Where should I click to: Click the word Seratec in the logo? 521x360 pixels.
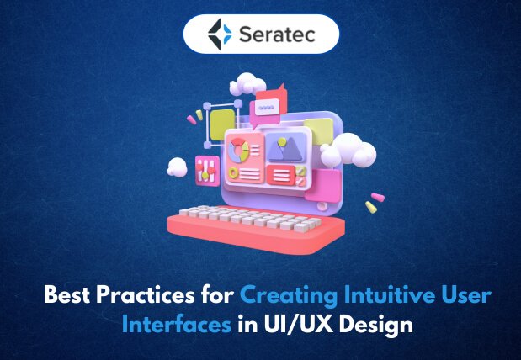(277, 34)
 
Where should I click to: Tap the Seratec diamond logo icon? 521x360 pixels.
(220, 34)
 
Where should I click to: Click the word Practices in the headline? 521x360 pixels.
(146, 294)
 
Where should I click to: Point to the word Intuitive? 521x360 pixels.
(390, 294)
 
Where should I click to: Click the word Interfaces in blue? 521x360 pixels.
(177, 324)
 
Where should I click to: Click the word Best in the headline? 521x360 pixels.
(66, 294)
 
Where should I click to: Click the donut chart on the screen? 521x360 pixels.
(238, 151)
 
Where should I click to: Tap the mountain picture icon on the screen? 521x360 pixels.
(286, 147)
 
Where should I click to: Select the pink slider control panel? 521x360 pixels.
(207, 171)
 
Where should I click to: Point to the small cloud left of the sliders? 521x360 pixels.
(177, 167)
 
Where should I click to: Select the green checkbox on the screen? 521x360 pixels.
(300, 172)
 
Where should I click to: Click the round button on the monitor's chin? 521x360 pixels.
(322, 206)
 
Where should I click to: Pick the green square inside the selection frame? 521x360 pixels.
(222, 124)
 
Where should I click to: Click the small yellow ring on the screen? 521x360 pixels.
(233, 173)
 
